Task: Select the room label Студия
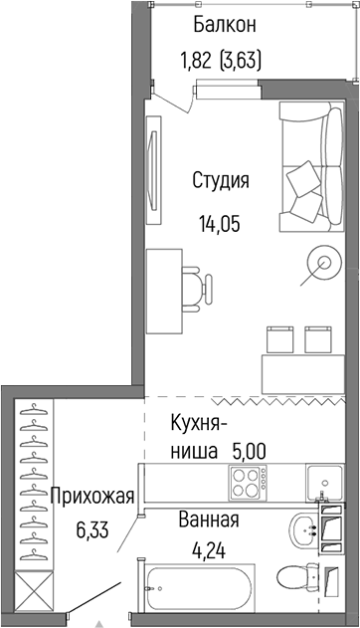click(221, 181)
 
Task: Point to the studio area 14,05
click(221, 220)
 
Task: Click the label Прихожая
click(85, 495)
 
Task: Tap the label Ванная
click(209, 519)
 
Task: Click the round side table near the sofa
click(323, 263)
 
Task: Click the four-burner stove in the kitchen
click(246, 486)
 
